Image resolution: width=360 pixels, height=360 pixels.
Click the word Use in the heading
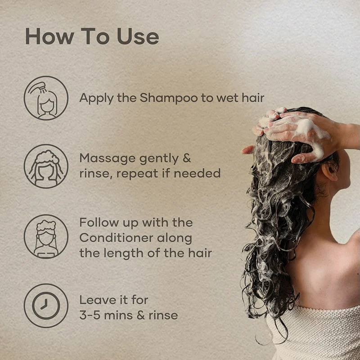pyautogui.click(x=138, y=36)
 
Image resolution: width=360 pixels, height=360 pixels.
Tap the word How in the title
pyautogui.click(x=50, y=36)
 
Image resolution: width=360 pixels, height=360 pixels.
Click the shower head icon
pyautogui.click(x=46, y=98)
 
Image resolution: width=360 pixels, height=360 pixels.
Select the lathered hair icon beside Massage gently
pyautogui.click(x=46, y=166)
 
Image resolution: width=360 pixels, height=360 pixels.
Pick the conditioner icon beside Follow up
pyautogui.click(x=46, y=237)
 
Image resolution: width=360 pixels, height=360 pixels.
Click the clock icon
pyautogui.click(x=46, y=306)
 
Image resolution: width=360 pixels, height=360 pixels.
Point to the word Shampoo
pyautogui.click(x=169, y=98)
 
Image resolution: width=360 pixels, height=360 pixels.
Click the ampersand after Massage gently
pyautogui.click(x=187, y=158)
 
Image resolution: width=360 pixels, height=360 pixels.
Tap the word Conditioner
pyautogui.click(x=117, y=238)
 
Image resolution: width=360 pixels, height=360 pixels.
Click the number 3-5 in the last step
pyautogui.click(x=90, y=315)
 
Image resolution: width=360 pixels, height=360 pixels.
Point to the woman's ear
pyautogui.click(x=329, y=171)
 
